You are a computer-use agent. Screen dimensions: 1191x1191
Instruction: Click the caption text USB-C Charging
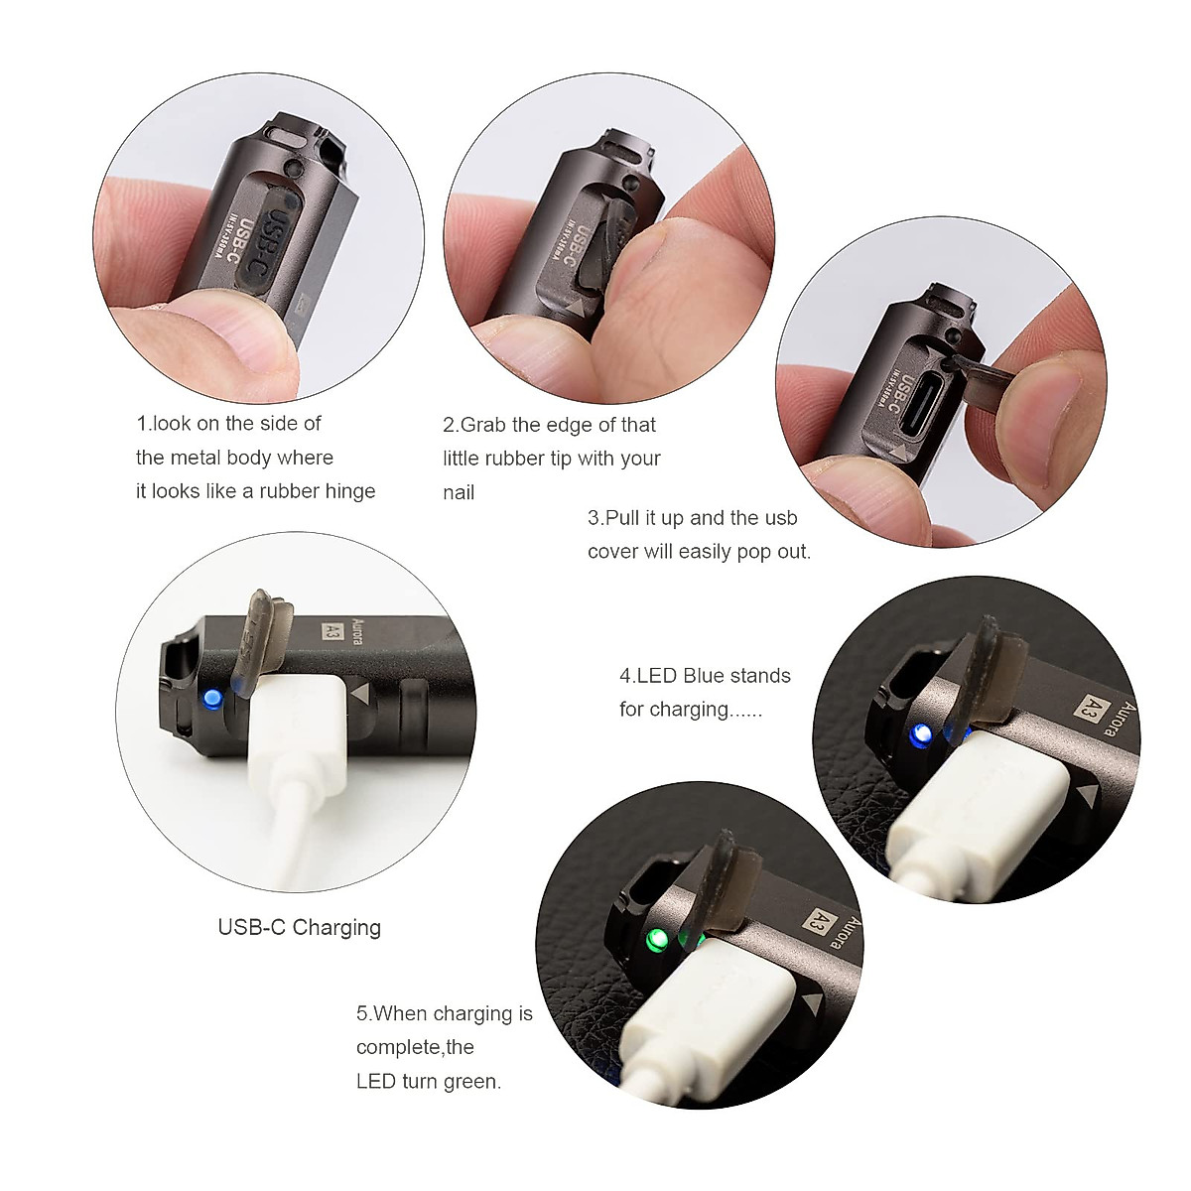[x=299, y=928]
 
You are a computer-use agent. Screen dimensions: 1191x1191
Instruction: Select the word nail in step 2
[x=459, y=492]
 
